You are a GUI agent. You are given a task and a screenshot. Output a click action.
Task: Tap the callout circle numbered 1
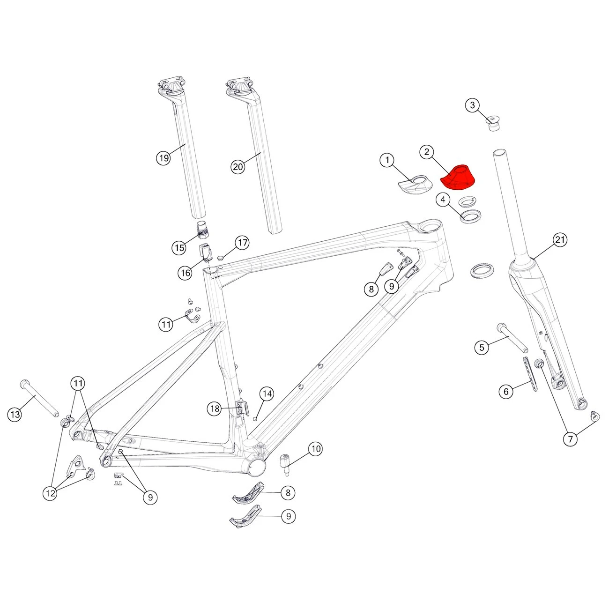tap(387, 160)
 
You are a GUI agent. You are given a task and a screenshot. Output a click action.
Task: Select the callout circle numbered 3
tap(472, 105)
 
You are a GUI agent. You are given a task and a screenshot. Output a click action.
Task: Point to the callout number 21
tap(560, 239)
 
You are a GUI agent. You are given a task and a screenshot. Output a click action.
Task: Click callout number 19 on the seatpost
tap(164, 158)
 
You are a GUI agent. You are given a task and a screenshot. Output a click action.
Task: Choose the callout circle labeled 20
tap(238, 167)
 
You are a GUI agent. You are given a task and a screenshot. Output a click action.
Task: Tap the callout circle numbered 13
tap(15, 414)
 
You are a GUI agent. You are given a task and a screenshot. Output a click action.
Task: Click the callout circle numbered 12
tap(51, 493)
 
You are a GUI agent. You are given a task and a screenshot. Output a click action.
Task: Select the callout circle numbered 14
tap(267, 394)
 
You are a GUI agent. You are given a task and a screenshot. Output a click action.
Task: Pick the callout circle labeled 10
tap(316, 449)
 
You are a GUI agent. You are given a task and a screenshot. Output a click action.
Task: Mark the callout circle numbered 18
tap(215, 408)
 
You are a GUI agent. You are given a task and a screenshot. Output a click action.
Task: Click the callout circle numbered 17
tap(242, 243)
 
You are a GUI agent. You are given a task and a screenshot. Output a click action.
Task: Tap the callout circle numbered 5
tap(482, 348)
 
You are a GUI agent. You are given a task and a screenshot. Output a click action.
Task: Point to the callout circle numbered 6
tap(506, 392)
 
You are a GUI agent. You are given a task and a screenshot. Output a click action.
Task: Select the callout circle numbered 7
tap(571, 439)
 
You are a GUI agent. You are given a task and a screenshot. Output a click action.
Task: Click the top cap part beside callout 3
tap(493, 123)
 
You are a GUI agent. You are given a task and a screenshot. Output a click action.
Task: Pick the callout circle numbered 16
tap(185, 273)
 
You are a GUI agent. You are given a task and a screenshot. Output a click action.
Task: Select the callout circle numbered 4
tap(443, 200)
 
